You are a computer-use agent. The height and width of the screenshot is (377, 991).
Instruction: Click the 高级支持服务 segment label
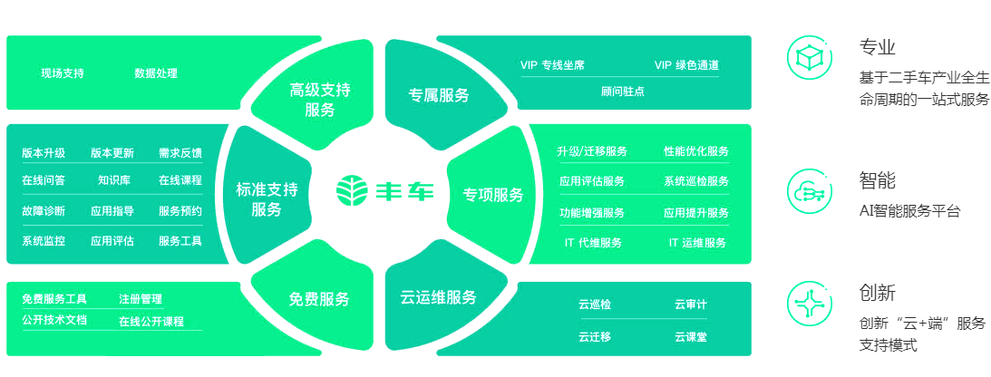pos(320,100)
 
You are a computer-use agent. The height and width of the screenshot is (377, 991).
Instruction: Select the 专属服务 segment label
pos(438,95)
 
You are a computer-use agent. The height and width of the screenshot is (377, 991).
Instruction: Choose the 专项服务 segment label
pos(493,195)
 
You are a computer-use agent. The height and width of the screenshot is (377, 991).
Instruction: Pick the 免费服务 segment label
pos(319,299)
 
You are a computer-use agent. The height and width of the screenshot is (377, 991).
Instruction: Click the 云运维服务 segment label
pos(438,297)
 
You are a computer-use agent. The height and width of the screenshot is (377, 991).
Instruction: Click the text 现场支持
pos(63,73)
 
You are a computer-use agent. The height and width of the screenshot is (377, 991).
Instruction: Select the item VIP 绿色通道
pos(686,65)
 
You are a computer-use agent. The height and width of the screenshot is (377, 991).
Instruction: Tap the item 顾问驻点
pos(623,92)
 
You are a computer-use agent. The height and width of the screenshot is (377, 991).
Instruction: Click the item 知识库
pos(114,180)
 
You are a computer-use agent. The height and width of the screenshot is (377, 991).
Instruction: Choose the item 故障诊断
pos(44,211)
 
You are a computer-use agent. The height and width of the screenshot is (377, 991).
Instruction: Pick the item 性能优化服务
pos(696,151)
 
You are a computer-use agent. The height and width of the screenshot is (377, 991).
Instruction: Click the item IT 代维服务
pos(593,243)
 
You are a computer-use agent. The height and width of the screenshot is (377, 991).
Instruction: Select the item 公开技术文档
pos(54,320)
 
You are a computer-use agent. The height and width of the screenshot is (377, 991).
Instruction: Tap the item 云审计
pos(691,305)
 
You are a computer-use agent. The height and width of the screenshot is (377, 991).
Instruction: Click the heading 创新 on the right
pos(877,293)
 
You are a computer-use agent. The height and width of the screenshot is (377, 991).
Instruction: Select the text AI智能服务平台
pos(909,211)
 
